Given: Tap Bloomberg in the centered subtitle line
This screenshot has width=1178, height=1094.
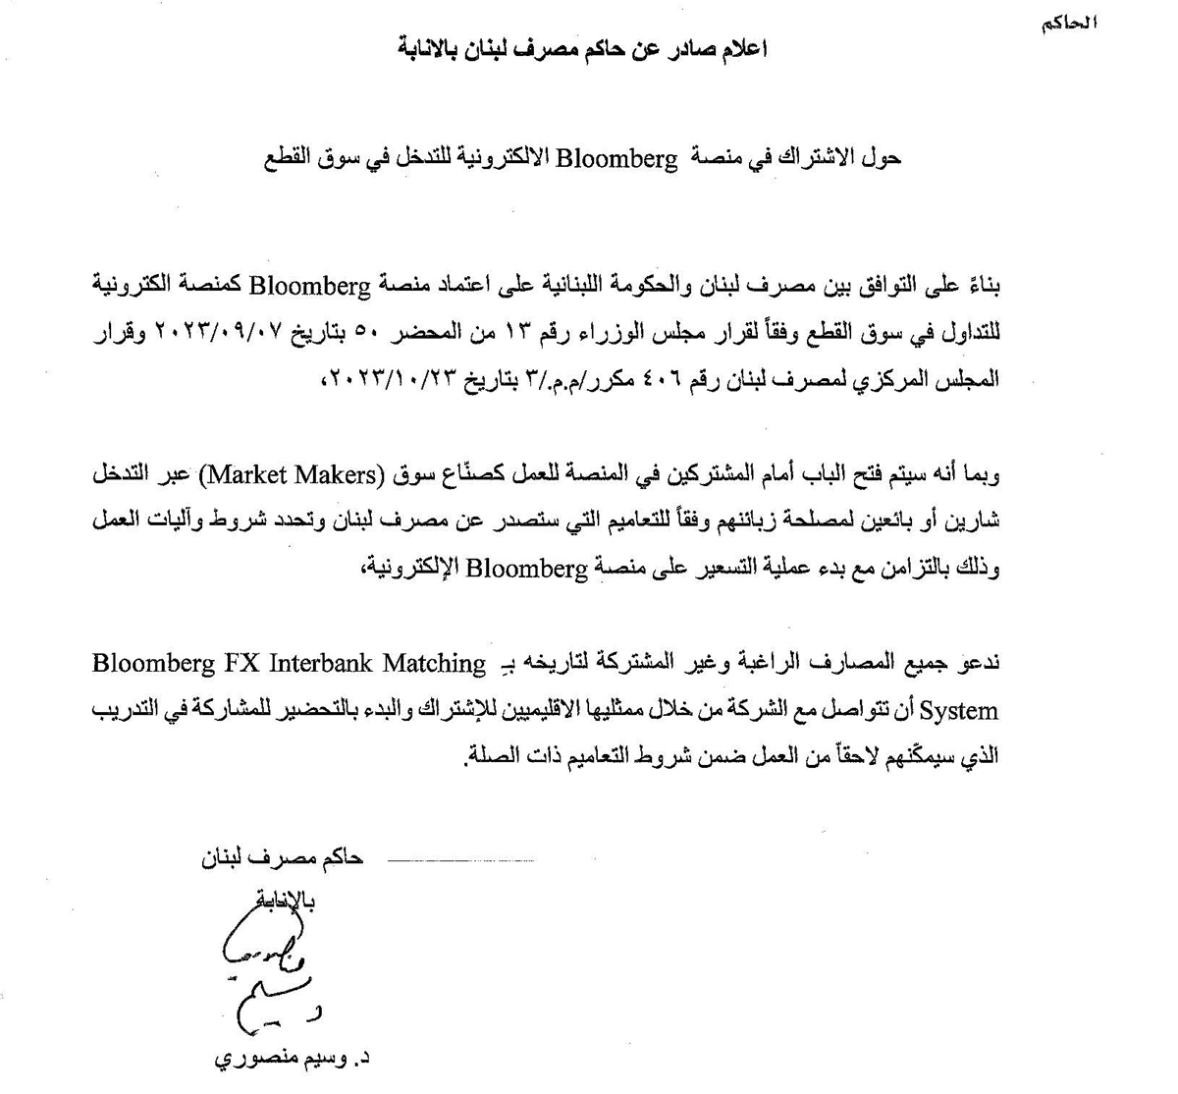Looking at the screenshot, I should point(617,157).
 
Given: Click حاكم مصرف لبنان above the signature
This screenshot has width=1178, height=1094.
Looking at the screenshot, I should point(282,857).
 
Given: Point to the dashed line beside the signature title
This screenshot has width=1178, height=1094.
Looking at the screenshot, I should point(461,860).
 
